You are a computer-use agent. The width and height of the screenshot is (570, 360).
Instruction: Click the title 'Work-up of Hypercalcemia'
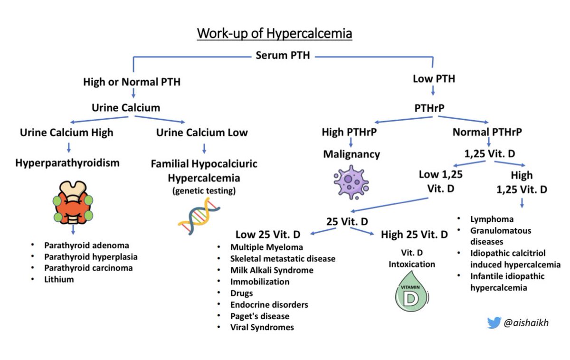click(275, 35)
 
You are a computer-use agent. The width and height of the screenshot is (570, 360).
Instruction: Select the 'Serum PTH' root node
click(283, 56)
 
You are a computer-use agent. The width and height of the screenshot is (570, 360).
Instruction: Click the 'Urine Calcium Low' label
click(202, 133)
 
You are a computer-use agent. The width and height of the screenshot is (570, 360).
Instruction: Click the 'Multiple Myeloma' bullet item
click(266, 247)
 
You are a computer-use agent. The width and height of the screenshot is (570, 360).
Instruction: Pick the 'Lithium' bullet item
click(60, 280)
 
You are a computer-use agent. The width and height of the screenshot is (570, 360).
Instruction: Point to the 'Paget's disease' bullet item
click(260, 316)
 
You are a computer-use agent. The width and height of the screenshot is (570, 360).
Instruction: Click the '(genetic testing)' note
click(204, 190)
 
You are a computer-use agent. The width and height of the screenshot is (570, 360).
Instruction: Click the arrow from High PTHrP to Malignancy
click(351, 142)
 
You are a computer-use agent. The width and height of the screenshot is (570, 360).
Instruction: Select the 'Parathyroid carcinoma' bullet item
click(88, 268)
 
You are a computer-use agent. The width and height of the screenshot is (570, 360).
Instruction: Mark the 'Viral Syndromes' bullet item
click(262, 327)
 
